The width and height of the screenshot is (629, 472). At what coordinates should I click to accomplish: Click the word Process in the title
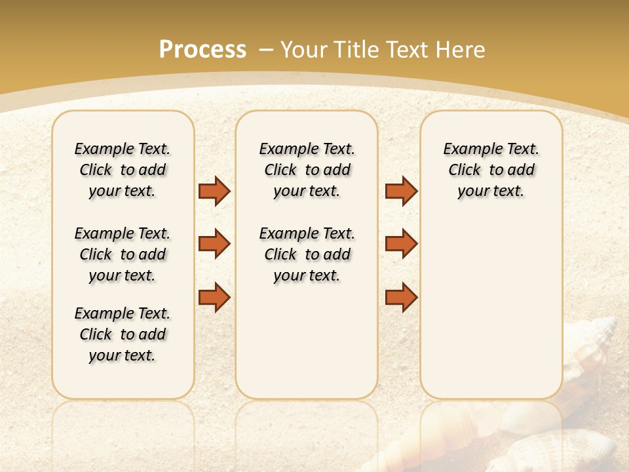point(202,50)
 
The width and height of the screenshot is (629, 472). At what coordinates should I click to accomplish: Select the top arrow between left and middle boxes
point(214,191)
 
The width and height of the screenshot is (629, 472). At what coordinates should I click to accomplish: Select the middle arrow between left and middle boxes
point(214,244)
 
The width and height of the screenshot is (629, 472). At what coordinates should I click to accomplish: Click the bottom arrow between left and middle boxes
point(214,297)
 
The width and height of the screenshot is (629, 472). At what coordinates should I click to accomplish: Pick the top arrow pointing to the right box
point(401,191)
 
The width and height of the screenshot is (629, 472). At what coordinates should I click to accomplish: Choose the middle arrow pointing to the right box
point(401,244)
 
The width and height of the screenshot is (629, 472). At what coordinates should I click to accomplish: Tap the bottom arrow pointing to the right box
point(401,297)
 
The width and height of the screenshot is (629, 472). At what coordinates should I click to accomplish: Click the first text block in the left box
point(123,170)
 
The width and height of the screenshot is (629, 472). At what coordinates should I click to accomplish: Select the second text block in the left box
point(123,254)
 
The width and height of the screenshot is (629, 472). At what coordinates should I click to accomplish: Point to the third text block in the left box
point(123,334)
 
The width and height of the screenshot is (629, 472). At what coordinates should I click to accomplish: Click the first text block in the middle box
point(307,170)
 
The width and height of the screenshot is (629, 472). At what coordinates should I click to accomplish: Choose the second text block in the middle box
point(307,254)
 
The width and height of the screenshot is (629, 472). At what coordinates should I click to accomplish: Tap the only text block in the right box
point(491,170)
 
